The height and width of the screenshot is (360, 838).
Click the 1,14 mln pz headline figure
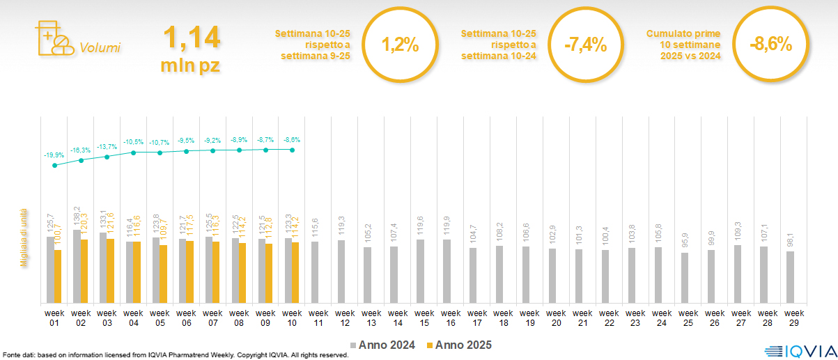click(191, 50)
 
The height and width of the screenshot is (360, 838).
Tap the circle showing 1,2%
click(400, 45)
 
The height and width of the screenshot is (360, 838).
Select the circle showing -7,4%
click(585, 45)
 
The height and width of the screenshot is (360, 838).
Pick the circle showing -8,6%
click(770, 45)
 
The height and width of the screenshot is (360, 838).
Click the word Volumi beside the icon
click(100, 48)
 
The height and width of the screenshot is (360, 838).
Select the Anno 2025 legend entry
click(459, 345)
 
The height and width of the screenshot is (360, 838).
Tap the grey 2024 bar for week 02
click(77, 266)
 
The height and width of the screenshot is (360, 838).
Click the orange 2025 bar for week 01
click(58, 276)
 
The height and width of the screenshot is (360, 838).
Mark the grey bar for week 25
click(685, 277)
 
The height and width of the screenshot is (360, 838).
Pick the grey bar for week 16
click(447, 271)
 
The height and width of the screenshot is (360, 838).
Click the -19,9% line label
click(54, 155)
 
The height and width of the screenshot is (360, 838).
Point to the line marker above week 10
click(292, 150)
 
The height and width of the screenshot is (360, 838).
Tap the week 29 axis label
click(790, 318)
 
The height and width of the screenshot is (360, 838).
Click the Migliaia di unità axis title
click(24, 237)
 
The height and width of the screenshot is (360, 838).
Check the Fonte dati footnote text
click(174, 355)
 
